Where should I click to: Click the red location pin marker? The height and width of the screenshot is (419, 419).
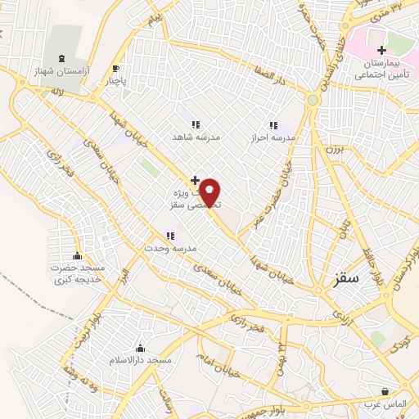(x=211, y=193)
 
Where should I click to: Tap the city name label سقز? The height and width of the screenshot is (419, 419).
(x=346, y=279)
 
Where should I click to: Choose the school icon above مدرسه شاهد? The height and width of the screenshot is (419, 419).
(x=196, y=124)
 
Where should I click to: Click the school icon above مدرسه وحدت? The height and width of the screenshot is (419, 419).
(x=170, y=236)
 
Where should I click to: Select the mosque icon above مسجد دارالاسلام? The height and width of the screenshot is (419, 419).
(x=140, y=348)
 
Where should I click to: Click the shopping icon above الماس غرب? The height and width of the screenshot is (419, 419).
(x=385, y=391)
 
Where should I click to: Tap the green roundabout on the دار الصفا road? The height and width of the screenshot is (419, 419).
(x=311, y=101)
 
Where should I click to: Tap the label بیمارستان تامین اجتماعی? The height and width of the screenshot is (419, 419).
(x=381, y=68)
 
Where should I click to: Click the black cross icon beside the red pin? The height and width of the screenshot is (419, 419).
(x=195, y=179)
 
